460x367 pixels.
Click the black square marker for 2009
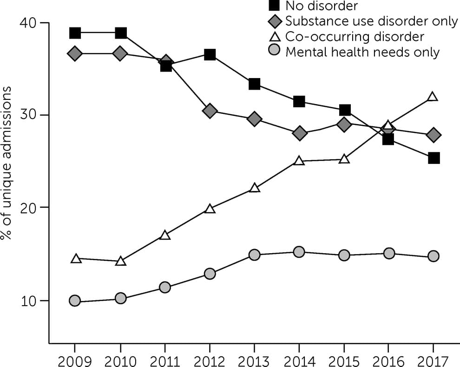tap(75, 33)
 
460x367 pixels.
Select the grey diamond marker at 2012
tap(210, 111)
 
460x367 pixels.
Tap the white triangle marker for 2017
tap(433, 97)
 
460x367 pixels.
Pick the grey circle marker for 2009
tap(75, 301)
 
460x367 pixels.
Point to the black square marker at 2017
tap(434, 158)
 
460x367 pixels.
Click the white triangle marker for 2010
tap(121, 261)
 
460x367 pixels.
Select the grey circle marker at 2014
tap(299, 252)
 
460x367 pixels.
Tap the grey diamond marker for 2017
tap(434, 135)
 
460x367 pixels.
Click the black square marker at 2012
tap(210, 55)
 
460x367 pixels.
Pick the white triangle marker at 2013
tap(254, 188)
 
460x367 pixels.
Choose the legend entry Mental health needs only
tap(362, 52)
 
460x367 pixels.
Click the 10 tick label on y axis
tap(29, 301)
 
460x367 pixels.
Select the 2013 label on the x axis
tap(254, 360)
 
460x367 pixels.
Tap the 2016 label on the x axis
tap(389, 360)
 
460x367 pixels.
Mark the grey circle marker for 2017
tap(434, 256)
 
